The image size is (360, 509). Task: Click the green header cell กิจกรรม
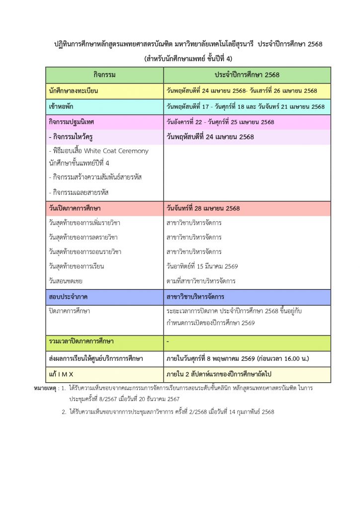[x=104, y=75]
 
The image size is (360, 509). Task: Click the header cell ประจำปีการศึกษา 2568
[x=247, y=75]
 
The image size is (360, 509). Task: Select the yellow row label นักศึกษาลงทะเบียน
[x=74, y=91]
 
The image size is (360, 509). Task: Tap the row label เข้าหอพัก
[x=63, y=107]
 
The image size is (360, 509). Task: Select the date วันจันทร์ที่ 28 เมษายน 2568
[x=203, y=208]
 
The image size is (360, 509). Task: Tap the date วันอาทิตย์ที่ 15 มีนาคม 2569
[x=202, y=266]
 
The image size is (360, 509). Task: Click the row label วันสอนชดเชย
[x=66, y=281]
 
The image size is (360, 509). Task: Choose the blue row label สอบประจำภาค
[x=68, y=297]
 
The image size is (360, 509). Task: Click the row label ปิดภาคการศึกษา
[x=70, y=311]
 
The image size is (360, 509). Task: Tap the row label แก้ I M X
[x=61, y=374]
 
